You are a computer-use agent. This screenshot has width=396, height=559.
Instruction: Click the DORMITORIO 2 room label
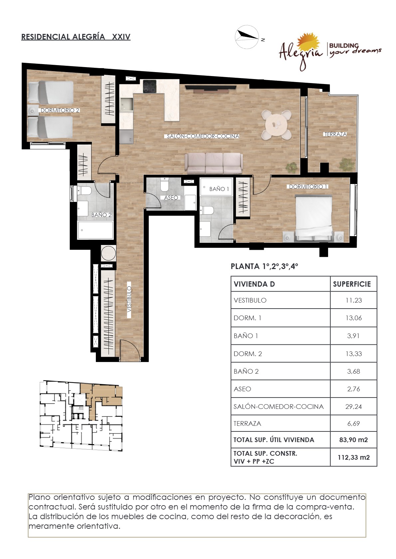(60, 110)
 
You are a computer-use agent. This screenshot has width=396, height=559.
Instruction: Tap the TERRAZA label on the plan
(335, 134)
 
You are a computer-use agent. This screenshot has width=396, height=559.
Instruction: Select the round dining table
(276, 125)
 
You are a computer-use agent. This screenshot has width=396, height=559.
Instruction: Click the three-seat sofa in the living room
(214, 163)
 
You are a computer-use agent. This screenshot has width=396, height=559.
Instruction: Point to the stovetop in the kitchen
(150, 86)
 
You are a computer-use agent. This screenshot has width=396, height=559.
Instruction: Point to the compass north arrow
(248, 35)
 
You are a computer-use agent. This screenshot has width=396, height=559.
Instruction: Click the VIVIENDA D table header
(254, 284)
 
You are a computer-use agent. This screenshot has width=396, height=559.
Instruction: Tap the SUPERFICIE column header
(352, 284)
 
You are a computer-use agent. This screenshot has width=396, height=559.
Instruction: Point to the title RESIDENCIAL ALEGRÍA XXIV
(76, 37)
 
